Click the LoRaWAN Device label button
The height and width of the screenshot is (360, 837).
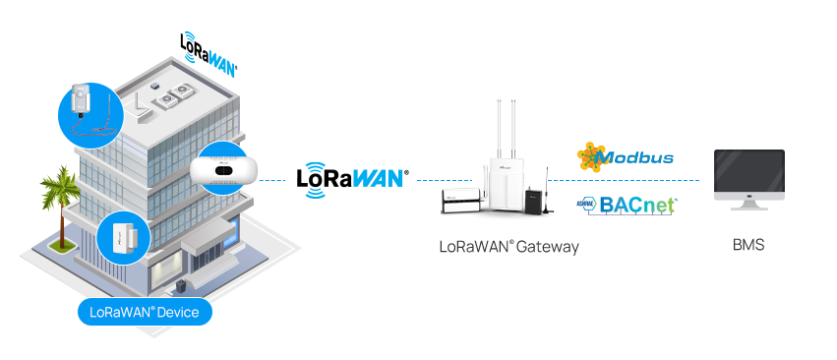tap(145, 313)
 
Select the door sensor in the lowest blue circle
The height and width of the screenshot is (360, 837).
tap(123, 237)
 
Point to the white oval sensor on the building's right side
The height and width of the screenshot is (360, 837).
tap(224, 170)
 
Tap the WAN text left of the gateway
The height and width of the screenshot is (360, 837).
tap(377, 179)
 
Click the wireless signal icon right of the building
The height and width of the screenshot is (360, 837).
tap(315, 179)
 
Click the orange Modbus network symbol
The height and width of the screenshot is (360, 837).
tap(591, 155)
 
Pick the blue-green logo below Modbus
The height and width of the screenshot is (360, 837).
tap(626, 206)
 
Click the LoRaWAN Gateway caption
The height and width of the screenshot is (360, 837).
tap(508, 247)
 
